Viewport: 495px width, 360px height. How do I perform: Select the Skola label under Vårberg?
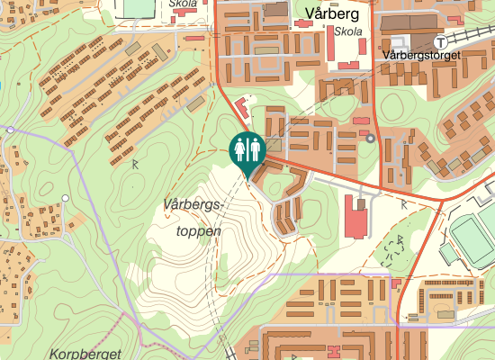point(347,31)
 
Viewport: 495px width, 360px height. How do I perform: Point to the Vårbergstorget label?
point(421,55)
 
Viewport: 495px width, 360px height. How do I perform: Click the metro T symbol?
point(440,41)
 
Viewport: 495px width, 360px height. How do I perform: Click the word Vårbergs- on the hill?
point(193,205)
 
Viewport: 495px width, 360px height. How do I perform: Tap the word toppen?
point(198,230)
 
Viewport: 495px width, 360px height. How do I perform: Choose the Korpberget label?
point(85,354)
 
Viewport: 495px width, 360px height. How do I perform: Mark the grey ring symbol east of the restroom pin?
point(370,138)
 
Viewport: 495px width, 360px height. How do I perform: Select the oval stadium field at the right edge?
point(473,236)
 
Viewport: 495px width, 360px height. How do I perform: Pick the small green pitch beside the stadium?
point(449,254)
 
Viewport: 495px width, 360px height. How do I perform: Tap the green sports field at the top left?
point(137,7)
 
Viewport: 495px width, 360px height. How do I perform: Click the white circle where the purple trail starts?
point(10,130)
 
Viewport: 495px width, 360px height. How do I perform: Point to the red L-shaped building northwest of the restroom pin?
point(242,110)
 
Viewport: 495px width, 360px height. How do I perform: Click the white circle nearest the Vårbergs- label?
point(65,198)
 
